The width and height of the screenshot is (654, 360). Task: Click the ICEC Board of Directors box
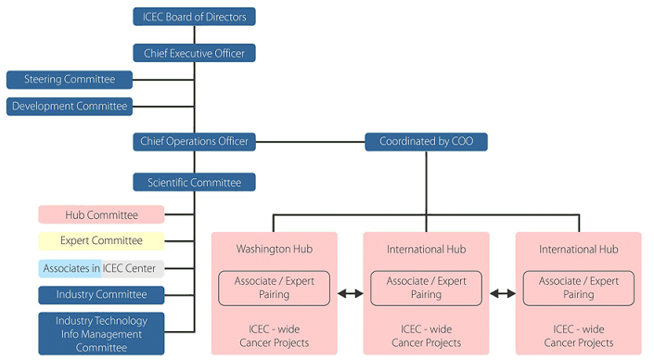[194, 17]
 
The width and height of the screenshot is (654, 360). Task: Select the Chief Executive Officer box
[194, 54]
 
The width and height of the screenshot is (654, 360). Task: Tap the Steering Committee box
[70, 80]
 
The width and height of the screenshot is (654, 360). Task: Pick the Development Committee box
[70, 107]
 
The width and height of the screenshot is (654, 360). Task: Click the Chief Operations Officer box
[194, 141]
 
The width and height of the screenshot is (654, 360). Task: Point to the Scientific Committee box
[194, 183]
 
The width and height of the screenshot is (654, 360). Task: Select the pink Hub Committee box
[101, 215]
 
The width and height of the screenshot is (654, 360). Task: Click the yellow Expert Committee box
[101, 241]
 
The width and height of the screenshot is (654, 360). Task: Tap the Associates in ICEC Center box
[101, 268]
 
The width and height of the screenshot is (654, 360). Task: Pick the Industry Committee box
[101, 295]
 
